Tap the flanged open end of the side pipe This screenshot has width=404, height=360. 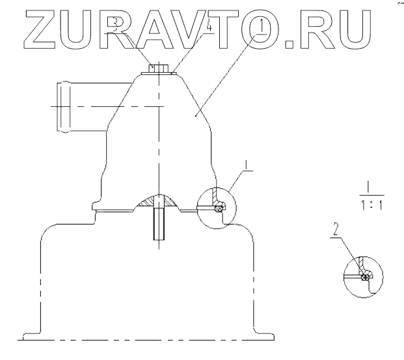(x=62, y=106)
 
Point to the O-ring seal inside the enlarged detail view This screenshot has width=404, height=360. (x=366, y=277)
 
